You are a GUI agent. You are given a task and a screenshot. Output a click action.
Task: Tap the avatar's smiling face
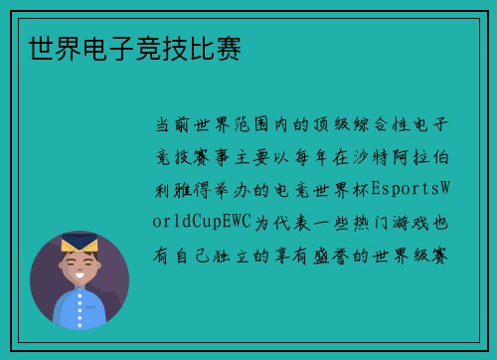[x=80, y=267]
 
